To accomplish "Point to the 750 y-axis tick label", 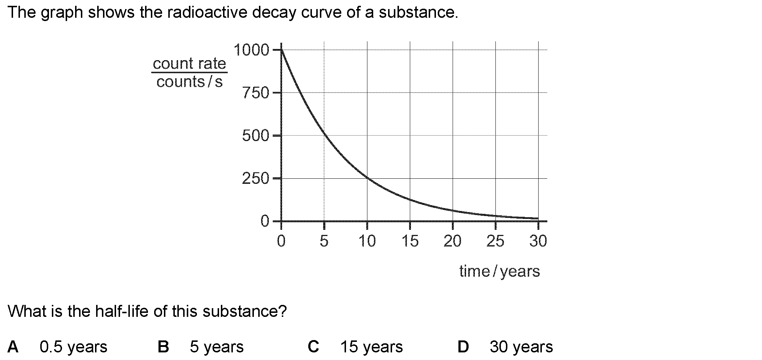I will (256, 93).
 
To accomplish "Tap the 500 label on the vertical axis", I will (256, 136).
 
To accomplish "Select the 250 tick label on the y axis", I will (256, 179).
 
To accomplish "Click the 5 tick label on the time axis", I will (324, 241).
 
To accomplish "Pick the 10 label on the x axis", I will (367, 241).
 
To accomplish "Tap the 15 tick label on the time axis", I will (410, 241).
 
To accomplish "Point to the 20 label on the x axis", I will (453, 241).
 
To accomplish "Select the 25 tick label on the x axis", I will (495, 241).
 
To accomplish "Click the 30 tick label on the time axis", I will (538, 241).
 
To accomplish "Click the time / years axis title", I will (499, 272).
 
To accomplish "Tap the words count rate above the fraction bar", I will (189, 64).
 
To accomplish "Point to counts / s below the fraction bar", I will (189, 82).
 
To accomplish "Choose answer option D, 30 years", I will (521, 347).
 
